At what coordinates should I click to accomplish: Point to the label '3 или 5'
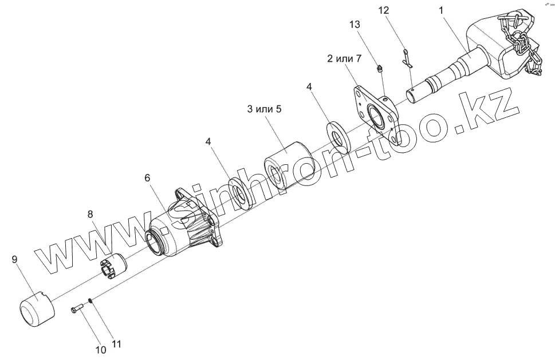pos(264,110)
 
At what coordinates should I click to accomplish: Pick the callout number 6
pos(148,178)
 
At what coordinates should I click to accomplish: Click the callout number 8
pos(90,214)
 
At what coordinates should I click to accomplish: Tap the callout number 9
pos(15,259)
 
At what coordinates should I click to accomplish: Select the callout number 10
pos(100,348)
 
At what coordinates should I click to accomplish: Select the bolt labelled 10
pos(77,310)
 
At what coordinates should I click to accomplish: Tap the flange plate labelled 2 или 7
pos(373,112)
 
